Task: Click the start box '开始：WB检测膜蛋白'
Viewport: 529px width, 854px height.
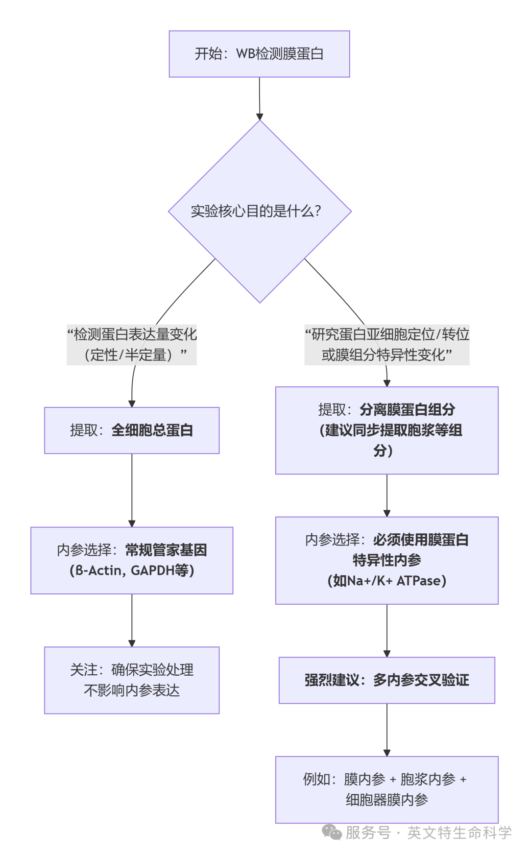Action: point(259,54)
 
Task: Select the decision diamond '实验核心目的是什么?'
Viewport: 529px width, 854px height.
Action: point(260,211)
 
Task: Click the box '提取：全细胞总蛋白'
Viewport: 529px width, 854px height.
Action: point(132,430)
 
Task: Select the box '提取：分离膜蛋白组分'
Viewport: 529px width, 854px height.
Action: point(387,430)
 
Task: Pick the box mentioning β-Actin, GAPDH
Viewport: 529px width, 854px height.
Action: point(132,560)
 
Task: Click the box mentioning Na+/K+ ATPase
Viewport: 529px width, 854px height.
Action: point(387,560)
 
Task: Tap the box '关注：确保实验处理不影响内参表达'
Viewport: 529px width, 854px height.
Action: point(132,680)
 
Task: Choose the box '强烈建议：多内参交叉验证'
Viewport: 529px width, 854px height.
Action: point(387,680)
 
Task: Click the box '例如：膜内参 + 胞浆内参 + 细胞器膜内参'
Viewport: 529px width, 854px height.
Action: point(387,789)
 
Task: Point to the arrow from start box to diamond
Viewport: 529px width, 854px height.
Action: point(260,98)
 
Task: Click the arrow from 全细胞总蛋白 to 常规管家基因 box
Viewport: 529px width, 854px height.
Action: point(132,490)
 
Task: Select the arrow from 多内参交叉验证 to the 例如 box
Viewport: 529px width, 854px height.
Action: point(387,730)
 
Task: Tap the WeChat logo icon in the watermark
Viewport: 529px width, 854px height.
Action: point(332,832)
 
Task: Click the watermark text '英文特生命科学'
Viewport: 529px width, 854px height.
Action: point(459,832)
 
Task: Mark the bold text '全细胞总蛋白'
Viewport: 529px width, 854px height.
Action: point(152,430)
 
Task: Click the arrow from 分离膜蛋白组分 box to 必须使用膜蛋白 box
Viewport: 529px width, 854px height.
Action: point(387,495)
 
